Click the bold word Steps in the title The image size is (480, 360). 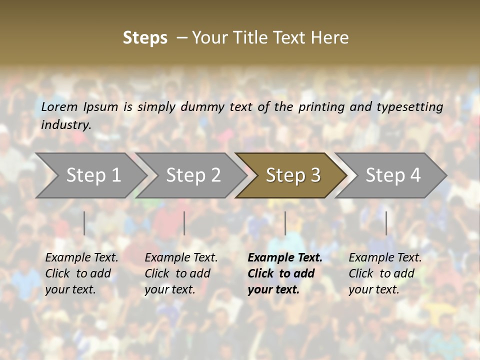pos(145,38)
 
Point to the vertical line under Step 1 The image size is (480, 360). pos(84,223)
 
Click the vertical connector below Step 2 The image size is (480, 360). pos(184,223)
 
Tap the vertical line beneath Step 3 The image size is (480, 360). pos(285,223)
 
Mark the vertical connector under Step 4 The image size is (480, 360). pos(386,223)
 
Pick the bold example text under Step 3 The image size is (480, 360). pos(284,273)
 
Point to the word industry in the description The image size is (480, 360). pos(66,125)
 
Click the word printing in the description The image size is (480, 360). pos(321,107)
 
